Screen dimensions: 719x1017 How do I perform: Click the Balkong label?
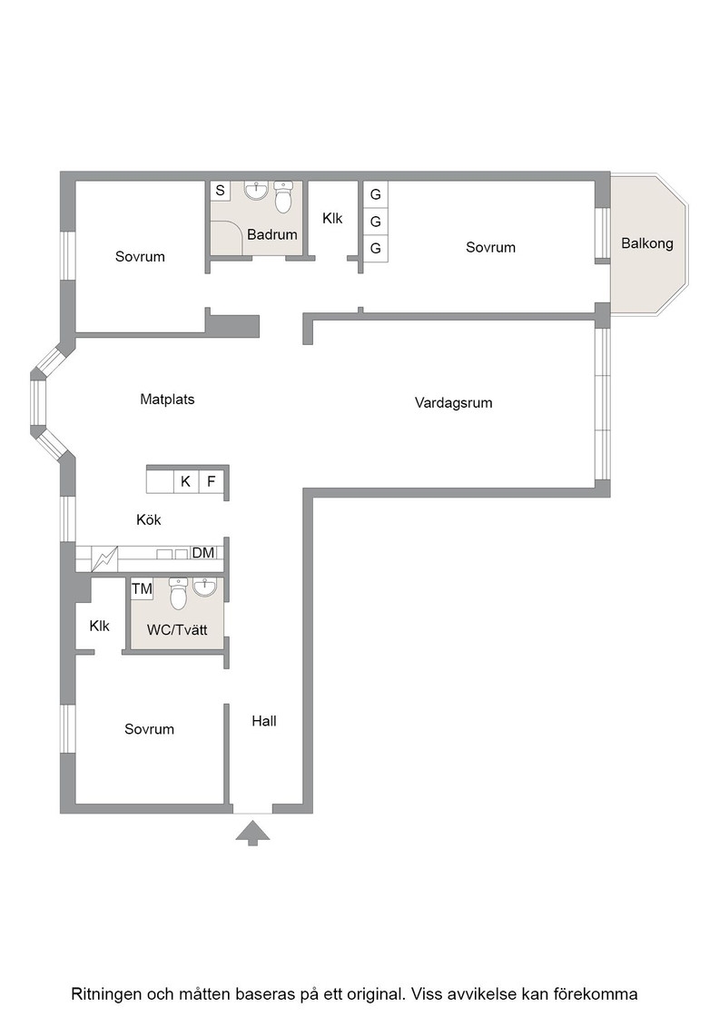[647, 244]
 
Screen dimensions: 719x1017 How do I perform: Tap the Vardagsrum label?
[453, 403]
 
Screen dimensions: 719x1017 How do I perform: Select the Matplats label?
[167, 400]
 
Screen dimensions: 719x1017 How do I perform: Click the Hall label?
[264, 721]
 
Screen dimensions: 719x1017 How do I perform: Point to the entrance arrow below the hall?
[252, 834]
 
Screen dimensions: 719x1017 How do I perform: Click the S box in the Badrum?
[221, 191]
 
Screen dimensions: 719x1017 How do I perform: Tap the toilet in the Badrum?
[283, 198]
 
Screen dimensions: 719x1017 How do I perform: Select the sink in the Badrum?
[256, 191]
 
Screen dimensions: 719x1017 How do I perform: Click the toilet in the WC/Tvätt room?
[178, 594]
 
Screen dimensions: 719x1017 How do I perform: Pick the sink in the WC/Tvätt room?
[205, 587]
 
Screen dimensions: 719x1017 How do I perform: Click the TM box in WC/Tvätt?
[142, 589]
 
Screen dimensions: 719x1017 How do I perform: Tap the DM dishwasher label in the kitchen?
[203, 553]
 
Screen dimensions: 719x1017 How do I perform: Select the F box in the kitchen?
[211, 482]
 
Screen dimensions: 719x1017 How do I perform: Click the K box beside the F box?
[186, 482]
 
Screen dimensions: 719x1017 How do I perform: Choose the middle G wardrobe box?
[375, 222]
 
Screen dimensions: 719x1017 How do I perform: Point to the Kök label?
[149, 520]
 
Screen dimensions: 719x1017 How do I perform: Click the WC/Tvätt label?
[177, 630]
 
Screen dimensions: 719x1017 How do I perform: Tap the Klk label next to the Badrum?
[332, 219]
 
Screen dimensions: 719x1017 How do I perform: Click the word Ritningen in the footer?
[106, 994]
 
